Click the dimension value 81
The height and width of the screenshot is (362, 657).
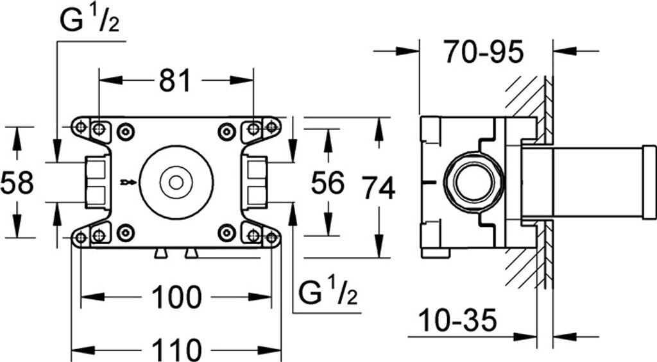(x=175, y=80)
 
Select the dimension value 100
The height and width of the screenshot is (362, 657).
(x=176, y=297)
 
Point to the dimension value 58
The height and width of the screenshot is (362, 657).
(x=17, y=183)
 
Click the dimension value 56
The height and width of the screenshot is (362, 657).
(x=327, y=183)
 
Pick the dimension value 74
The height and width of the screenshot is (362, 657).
(x=379, y=188)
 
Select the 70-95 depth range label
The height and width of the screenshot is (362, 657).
(x=484, y=52)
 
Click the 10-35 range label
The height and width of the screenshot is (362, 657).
(x=457, y=320)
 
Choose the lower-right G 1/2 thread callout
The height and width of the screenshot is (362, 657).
(x=328, y=292)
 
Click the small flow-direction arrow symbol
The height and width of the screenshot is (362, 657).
(x=128, y=183)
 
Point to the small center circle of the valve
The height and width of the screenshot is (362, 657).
(x=176, y=183)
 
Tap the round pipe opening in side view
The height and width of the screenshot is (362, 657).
(x=474, y=183)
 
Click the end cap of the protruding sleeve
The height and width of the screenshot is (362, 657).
(x=649, y=182)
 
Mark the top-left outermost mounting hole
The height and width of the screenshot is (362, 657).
(x=80, y=126)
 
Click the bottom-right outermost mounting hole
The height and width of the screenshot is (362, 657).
(x=271, y=238)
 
